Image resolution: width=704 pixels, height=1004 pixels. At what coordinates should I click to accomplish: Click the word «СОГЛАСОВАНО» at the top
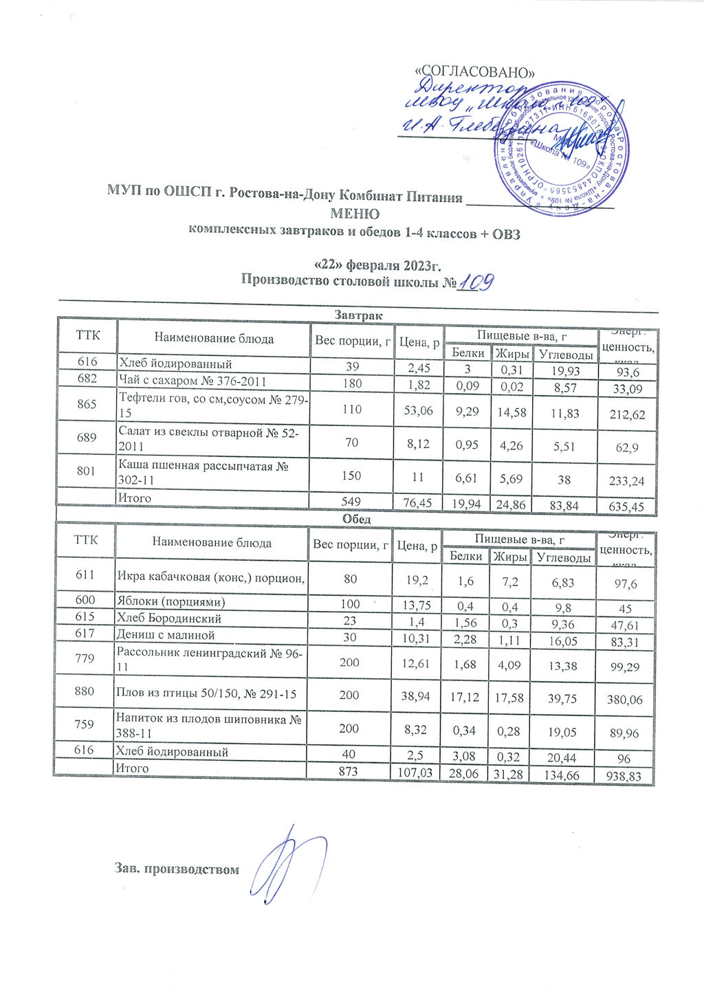pyautogui.click(x=476, y=72)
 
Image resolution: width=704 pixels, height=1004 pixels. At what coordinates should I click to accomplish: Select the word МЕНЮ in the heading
pyautogui.click(x=355, y=214)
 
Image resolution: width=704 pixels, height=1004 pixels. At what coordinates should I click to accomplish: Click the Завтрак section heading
pyautogui.click(x=355, y=315)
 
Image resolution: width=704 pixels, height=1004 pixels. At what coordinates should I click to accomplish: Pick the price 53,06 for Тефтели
pyautogui.click(x=416, y=410)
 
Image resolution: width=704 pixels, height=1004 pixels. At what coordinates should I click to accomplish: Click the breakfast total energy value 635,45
pyautogui.click(x=626, y=507)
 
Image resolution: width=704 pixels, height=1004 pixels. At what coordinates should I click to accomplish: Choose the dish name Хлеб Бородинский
pyautogui.click(x=169, y=618)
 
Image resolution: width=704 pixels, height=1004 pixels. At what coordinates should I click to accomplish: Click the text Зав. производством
pyautogui.click(x=177, y=869)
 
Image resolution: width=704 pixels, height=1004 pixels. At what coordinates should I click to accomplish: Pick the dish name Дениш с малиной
pyautogui.click(x=166, y=635)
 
